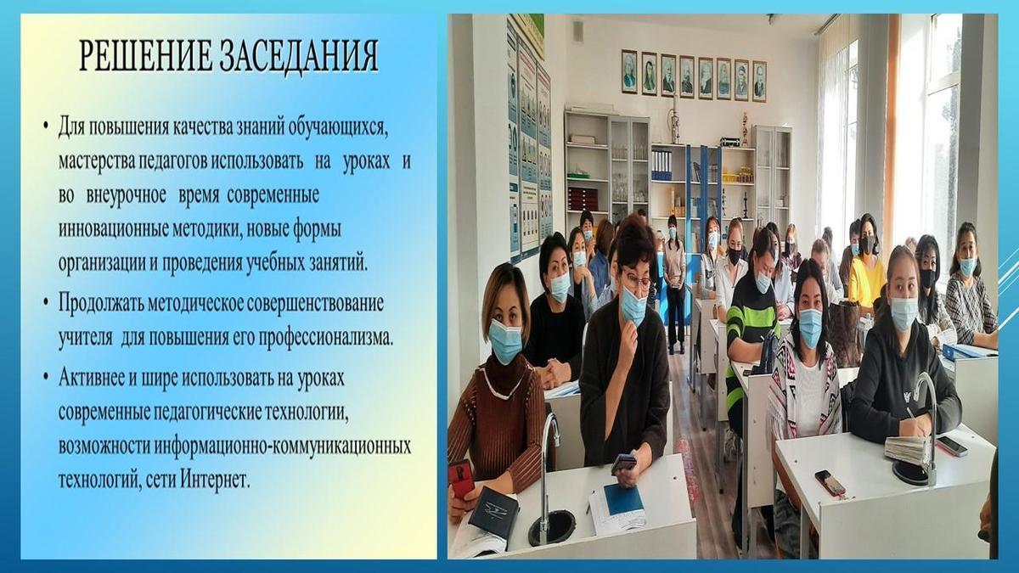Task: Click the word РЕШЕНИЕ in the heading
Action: point(145,56)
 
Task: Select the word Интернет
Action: point(215,480)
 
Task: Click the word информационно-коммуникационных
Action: point(282,446)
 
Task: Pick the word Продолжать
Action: point(100,304)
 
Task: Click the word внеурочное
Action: point(126,196)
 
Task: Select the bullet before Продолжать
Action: point(46,303)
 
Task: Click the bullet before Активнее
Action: point(46,377)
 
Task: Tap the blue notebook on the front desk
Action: point(623,499)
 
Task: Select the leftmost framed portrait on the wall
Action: point(629,71)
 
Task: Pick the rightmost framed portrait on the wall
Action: point(759,81)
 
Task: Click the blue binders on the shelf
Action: point(662,166)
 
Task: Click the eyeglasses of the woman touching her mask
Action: point(635,282)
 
